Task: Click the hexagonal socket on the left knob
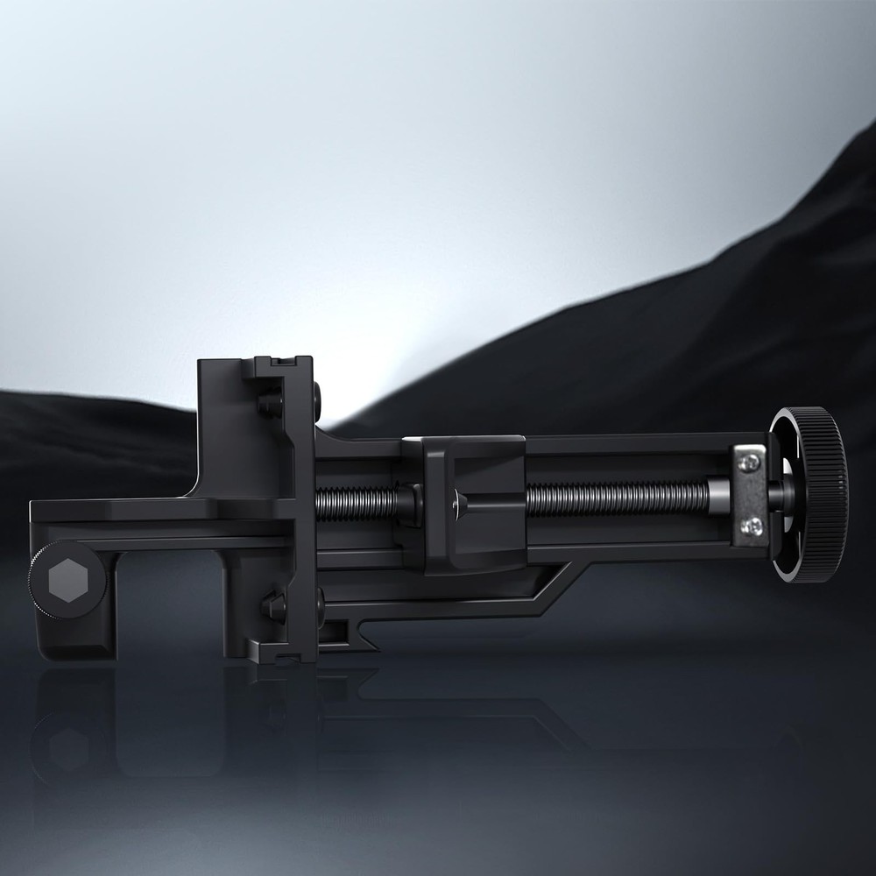pos(67,579)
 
